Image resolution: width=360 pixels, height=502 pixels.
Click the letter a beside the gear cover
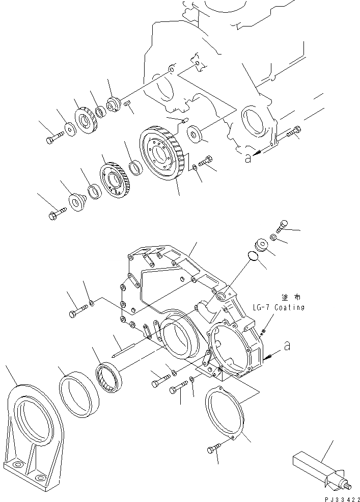point(287,347)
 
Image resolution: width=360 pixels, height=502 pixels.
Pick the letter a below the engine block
point(247,158)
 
